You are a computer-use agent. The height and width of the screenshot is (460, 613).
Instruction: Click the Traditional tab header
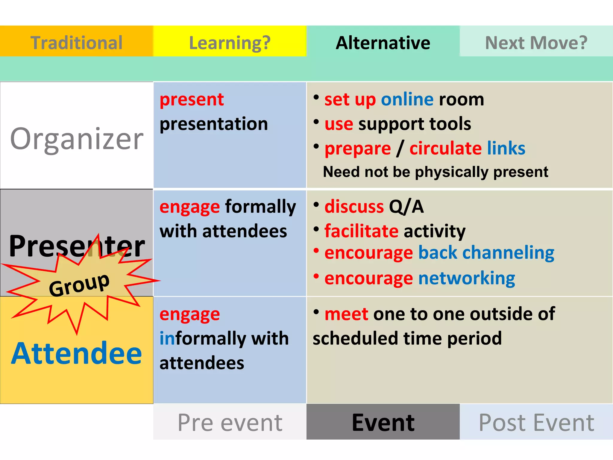coord(76,43)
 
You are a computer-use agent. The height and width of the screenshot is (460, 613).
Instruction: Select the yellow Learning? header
coord(230,43)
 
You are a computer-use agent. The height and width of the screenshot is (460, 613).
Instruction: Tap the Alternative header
coord(383,43)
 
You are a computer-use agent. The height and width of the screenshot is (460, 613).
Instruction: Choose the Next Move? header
coord(536,43)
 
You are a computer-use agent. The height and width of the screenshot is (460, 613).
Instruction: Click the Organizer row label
coord(77,139)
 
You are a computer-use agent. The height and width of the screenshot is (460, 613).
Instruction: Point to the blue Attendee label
coord(77,354)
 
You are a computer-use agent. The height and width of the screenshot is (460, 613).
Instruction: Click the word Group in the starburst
coord(79,285)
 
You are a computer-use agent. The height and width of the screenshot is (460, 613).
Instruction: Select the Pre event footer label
coord(230,423)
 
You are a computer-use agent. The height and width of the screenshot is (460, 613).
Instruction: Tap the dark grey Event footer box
coord(383,422)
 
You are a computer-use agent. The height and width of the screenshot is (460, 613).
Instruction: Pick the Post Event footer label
coord(536,423)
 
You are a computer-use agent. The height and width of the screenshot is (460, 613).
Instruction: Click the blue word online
coord(407,99)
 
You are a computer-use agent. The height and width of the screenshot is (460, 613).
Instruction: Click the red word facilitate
coord(361,231)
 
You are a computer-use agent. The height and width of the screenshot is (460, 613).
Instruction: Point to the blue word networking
coord(466,279)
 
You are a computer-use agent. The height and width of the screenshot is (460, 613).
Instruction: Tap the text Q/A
coord(406,207)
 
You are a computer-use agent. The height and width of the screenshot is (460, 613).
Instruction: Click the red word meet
coord(346,314)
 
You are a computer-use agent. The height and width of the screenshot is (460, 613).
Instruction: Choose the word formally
coord(260,207)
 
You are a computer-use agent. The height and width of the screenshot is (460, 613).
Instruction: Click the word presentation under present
coord(214,124)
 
